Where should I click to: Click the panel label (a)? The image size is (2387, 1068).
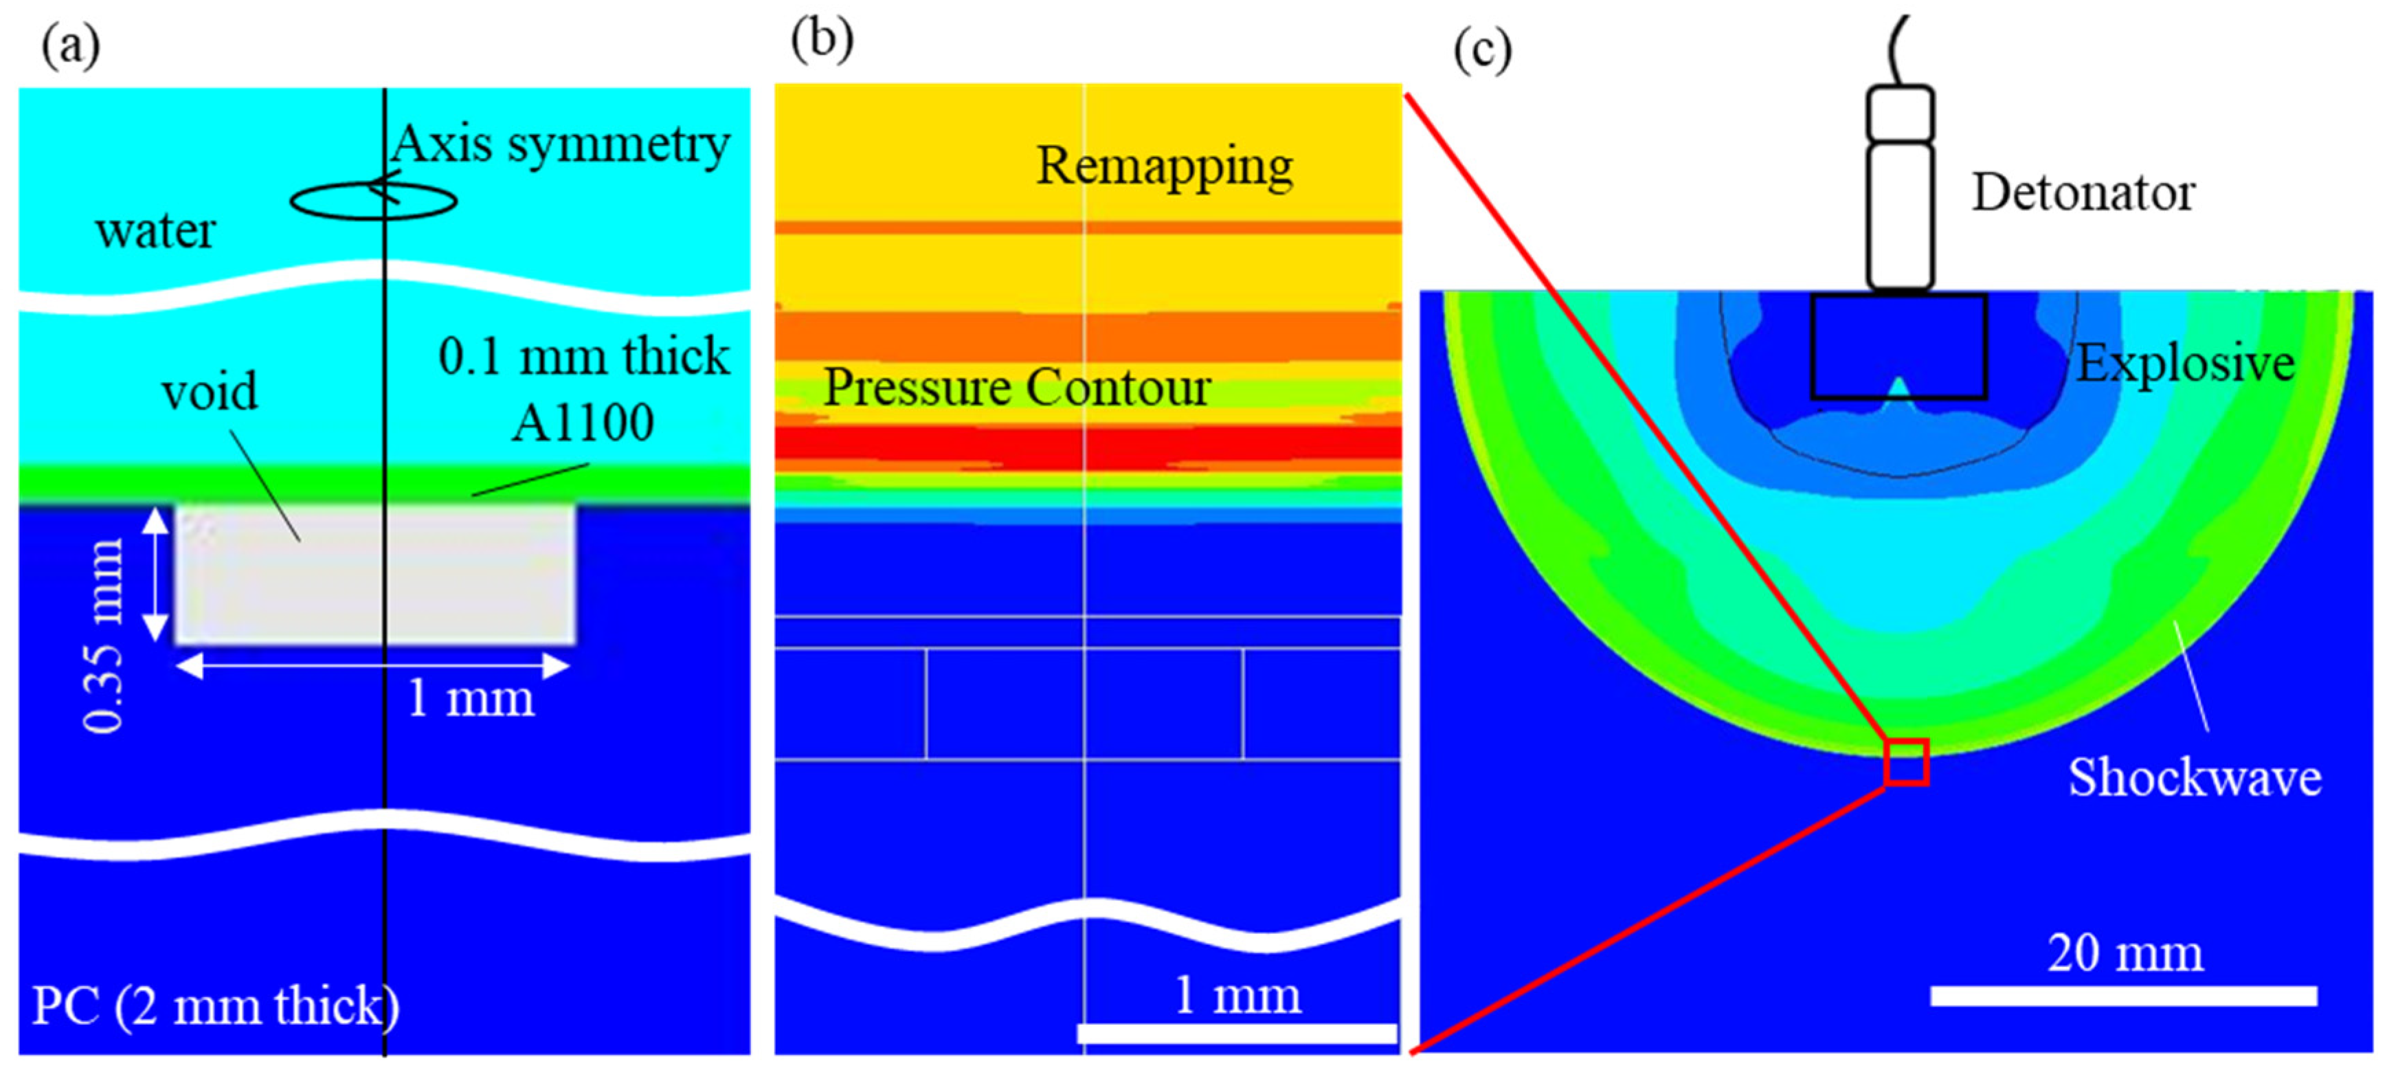pyautogui.click(x=70, y=45)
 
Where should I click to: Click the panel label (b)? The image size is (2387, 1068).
pyautogui.click(x=821, y=40)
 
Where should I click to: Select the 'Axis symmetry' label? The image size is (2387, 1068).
pyautogui.click(x=561, y=144)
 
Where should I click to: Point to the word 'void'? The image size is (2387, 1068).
pyautogui.click(x=210, y=391)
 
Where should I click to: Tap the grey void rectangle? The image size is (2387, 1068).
pyautogui.click(x=278, y=593)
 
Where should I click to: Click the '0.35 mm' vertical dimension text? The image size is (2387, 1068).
pyautogui.click(x=104, y=634)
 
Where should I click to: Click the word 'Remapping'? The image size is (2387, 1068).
pyautogui.click(x=1164, y=167)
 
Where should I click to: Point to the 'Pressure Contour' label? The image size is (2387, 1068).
pyautogui.click(x=1016, y=387)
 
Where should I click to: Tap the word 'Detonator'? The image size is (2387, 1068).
pyautogui.click(x=2082, y=193)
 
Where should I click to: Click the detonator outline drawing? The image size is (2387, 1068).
pyautogui.click(x=1900, y=186)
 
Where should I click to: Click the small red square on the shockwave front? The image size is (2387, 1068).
pyautogui.click(x=1907, y=762)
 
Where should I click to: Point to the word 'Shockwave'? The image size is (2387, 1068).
pyautogui.click(x=2194, y=777)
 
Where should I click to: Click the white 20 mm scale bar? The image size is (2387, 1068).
pyautogui.click(x=2124, y=996)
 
